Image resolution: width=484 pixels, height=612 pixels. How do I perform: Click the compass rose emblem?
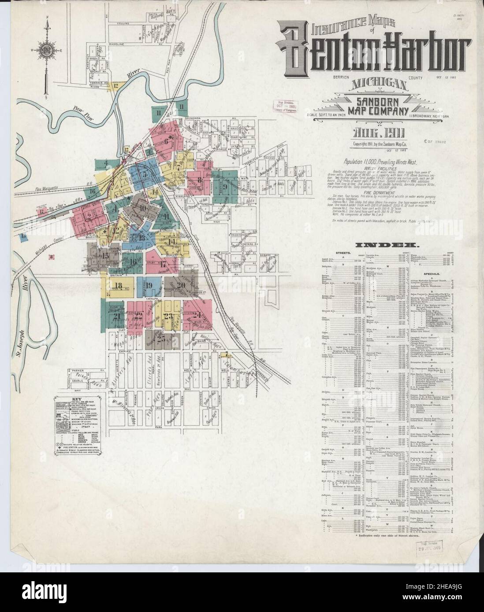tap(45, 49)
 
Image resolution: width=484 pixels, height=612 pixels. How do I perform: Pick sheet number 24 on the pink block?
tap(197, 314)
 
